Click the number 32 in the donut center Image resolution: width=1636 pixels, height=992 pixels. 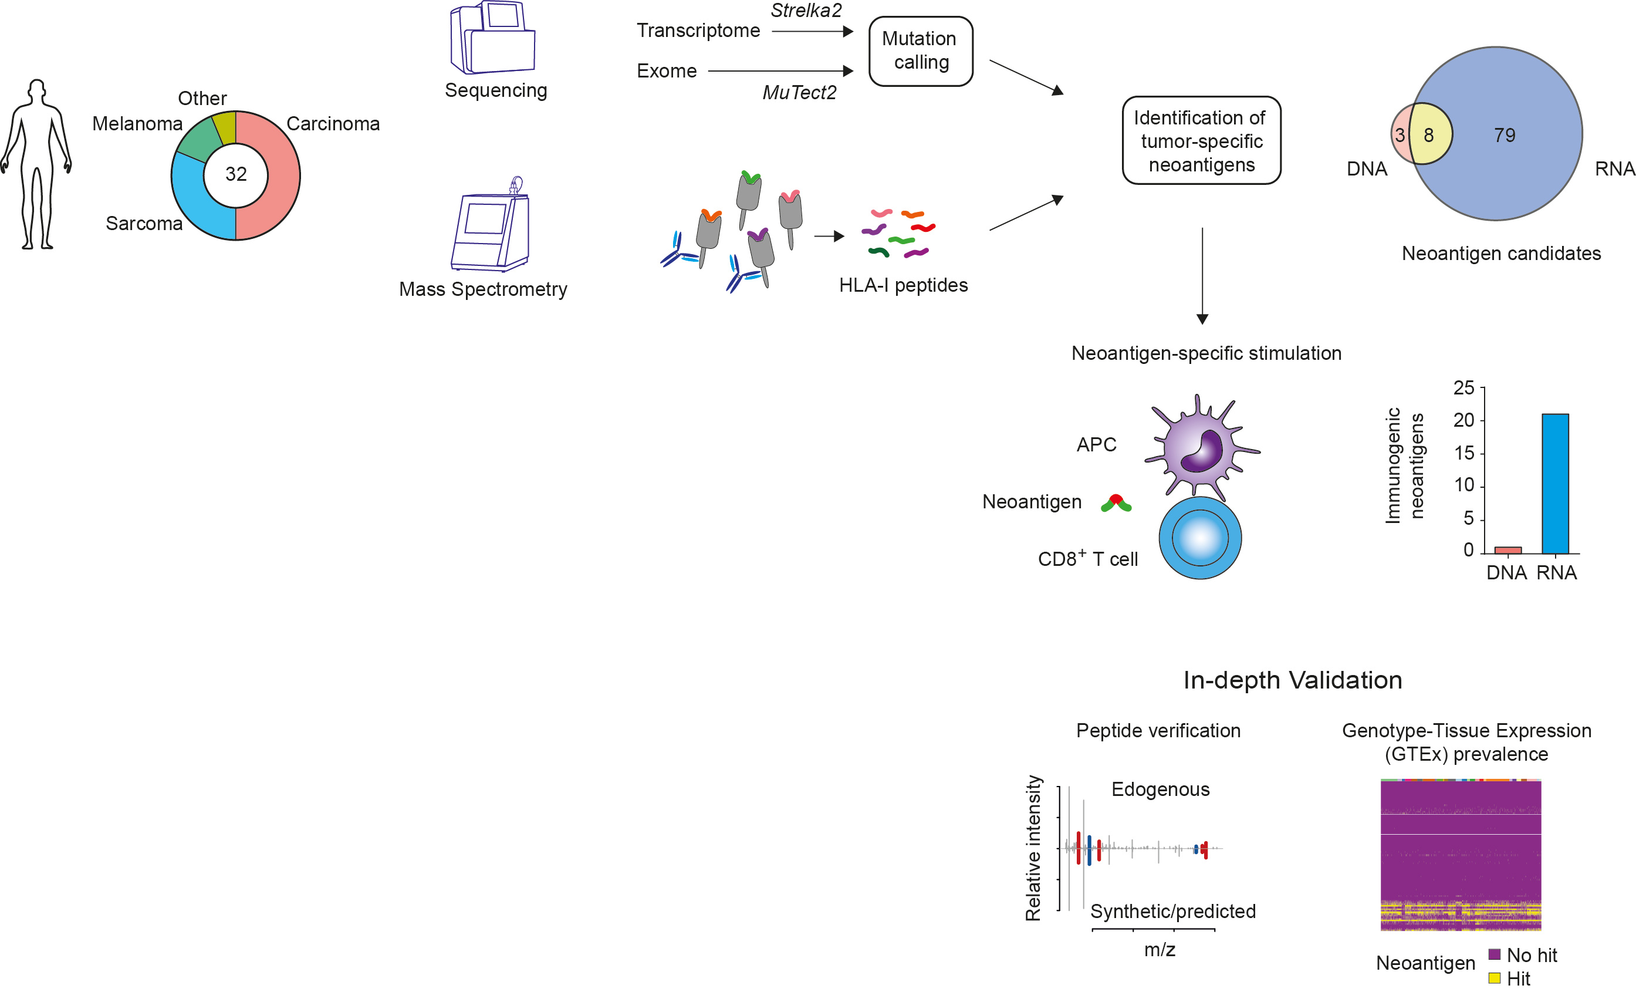tap(236, 174)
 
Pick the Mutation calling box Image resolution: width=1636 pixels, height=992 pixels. tap(920, 51)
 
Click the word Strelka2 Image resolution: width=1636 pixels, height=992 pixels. tap(806, 11)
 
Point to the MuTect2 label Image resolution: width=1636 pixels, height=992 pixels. tap(799, 92)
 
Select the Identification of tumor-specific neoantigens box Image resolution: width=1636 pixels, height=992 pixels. tap(1201, 141)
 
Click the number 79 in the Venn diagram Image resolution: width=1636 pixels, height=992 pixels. tap(1505, 136)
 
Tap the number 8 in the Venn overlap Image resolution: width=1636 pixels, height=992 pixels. tap(1429, 136)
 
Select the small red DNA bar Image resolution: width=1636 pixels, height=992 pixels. tap(1508, 551)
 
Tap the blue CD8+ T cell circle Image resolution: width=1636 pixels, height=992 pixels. tap(1200, 538)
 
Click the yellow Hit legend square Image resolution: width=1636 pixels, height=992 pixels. tap(1495, 977)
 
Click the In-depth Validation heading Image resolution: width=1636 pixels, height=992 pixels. tap(1292, 680)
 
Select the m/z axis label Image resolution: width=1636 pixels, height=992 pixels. tap(1160, 950)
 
